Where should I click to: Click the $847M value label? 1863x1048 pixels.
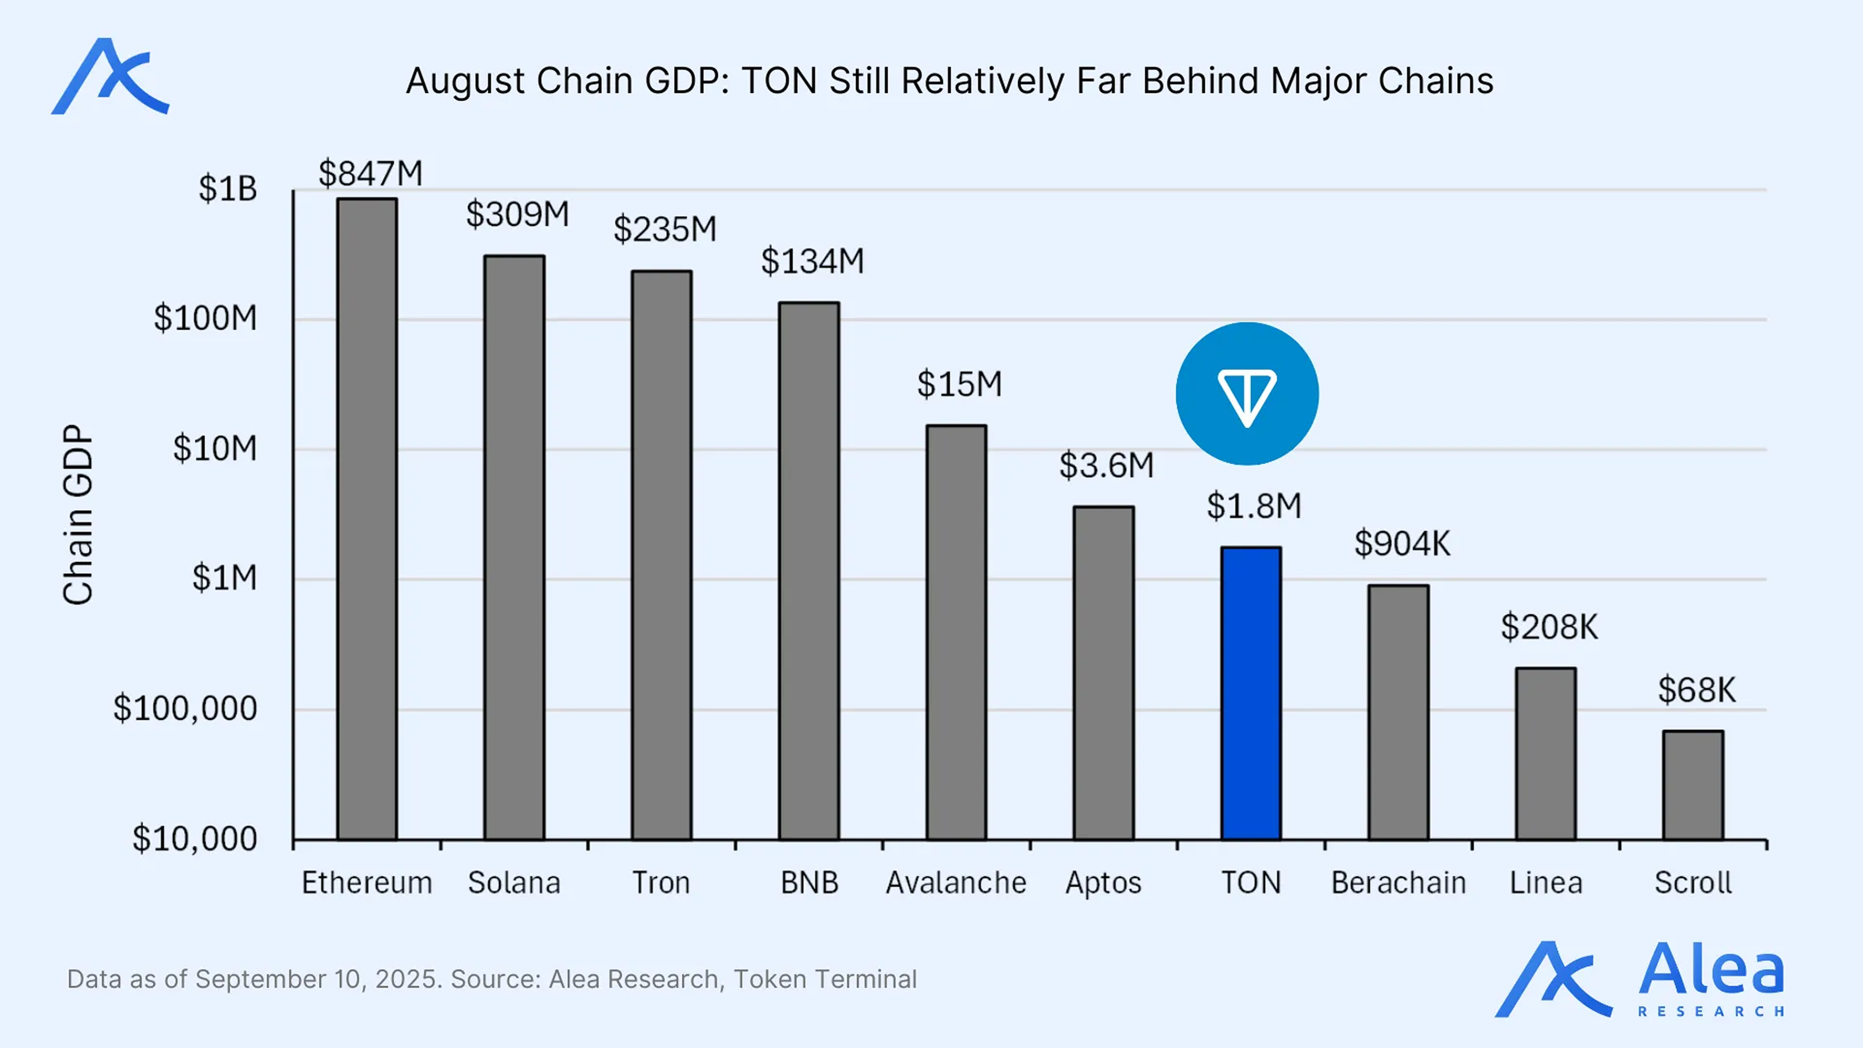coord(370,174)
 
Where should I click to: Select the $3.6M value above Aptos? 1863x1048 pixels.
coord(1106,465)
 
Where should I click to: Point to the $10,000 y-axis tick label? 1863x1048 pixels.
coord(194,839)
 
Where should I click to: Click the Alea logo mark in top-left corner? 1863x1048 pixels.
coord(110,77)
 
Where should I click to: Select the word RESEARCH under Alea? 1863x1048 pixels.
coord(1710,1011)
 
